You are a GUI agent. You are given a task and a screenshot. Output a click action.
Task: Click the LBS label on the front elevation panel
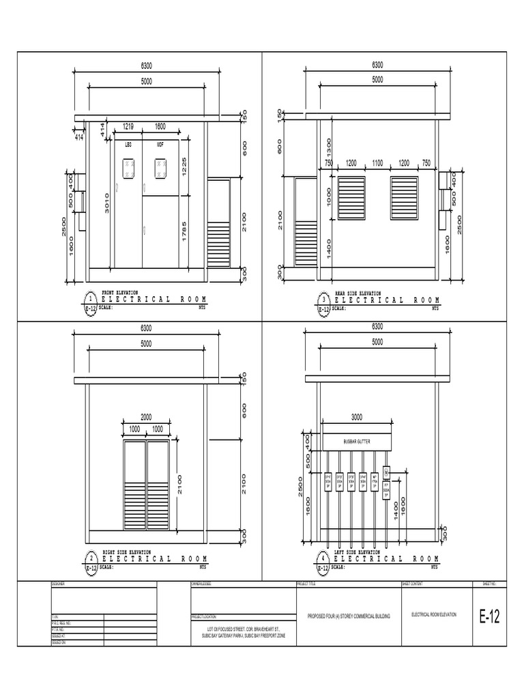(x=128, y=145)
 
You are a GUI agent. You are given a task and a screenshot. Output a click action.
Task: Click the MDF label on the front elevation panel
(x=160, y=145)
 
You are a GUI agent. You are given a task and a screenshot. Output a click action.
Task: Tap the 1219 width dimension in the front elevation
(x=128, y=126)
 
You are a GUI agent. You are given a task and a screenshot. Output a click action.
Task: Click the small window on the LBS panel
(x=128, y=167)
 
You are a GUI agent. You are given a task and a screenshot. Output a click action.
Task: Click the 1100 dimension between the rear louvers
(x=377, y=164)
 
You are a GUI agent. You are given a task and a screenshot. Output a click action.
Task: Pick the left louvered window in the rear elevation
(x=351, y=199)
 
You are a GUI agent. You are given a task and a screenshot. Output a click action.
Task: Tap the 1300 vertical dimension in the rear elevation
(x=329, y=146)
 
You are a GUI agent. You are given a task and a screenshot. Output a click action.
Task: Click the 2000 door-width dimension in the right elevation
(x=147, y=417)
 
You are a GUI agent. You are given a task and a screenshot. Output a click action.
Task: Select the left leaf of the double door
(x=134, y=485)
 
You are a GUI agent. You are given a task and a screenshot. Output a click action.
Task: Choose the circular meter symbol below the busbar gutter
(x=385, y=472)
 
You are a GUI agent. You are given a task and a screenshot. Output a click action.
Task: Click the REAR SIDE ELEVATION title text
(x=358, y=293)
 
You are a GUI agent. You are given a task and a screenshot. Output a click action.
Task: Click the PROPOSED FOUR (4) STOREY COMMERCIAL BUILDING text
(x=348, y=616)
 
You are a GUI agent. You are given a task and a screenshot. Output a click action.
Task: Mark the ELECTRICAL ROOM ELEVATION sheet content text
(x=434, y=614)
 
